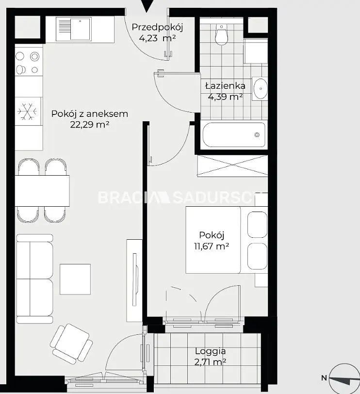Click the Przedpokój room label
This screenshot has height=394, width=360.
tap(157, 27)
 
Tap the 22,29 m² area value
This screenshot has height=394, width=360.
tap(90, 124)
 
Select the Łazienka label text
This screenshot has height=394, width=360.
tap(225, 86)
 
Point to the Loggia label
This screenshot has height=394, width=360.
tap(210, 351)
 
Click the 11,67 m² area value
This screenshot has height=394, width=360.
tap(211, 246)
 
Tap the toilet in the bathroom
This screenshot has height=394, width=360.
tap(221, 34)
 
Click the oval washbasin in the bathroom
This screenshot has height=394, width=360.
tap(260, 88)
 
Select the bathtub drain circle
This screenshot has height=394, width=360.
tap(257, 135)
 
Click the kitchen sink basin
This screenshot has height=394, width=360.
tap(81, 29)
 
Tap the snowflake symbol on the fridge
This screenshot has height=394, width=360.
tap(27, 111)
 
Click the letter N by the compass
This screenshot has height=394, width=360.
tap(324, 378)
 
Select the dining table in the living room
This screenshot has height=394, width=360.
tap(42, 191)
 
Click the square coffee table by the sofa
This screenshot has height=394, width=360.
tap(75, 279)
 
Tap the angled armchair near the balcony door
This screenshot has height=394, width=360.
tap(71, 344)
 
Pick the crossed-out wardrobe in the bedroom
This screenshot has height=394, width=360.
tap(232, 166)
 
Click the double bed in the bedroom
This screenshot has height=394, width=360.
tap(227, 240)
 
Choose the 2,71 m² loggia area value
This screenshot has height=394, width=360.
tap(210, 362)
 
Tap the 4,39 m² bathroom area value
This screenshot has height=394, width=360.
tap(225, 97)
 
